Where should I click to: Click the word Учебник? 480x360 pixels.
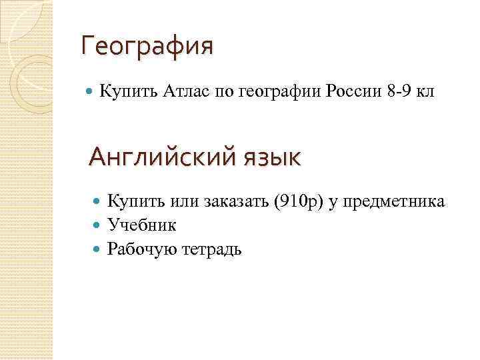click(x=141, y=225)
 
